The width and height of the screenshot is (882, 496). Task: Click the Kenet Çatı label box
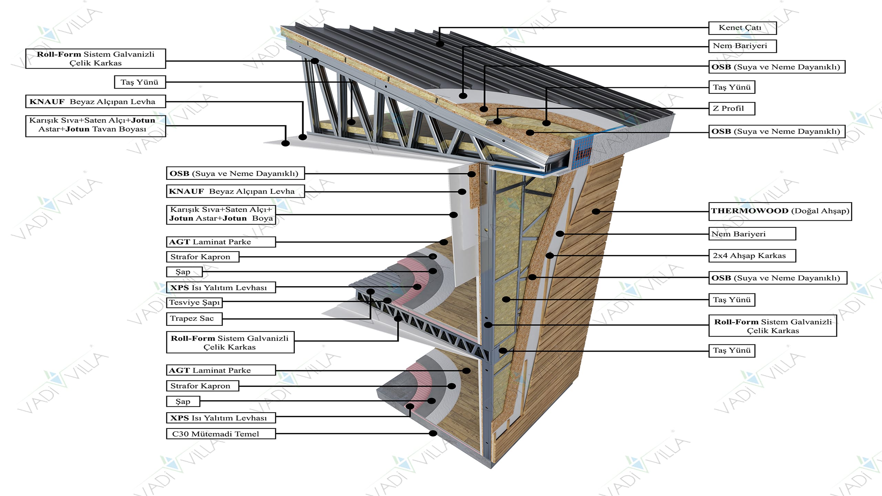[742, 28]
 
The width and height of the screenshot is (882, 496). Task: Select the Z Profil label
[731, 108]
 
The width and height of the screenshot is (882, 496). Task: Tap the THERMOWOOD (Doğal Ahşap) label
[780, 211]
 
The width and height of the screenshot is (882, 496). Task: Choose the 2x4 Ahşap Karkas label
[752, 256]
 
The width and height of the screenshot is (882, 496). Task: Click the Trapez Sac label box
[194, 319]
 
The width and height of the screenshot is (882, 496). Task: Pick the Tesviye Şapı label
[194, 302]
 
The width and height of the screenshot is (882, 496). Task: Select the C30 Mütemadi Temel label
[221, 434]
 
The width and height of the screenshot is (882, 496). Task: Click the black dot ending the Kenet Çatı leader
[440, 44]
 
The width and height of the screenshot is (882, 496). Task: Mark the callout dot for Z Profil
[497, 121]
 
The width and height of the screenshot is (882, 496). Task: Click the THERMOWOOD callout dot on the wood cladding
[596, 211]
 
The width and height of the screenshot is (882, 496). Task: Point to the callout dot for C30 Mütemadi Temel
[433, 433]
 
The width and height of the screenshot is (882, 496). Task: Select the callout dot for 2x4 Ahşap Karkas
[550, 256]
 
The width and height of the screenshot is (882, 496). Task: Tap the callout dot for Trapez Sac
[370, 292]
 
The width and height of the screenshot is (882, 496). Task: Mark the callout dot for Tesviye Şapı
[387, 300]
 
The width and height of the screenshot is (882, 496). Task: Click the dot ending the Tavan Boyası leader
[285, 143]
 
